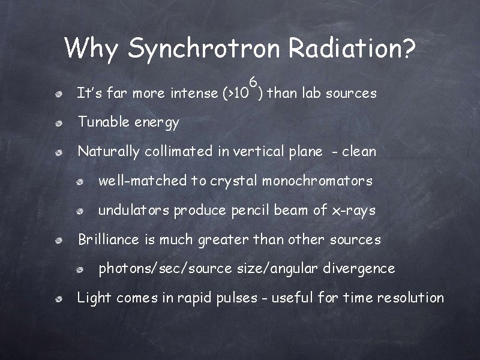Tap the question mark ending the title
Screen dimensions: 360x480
(408, 48)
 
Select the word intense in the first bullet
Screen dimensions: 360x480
(194, 94)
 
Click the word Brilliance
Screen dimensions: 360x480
(110, 239)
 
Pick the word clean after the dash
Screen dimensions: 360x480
(359, 152)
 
